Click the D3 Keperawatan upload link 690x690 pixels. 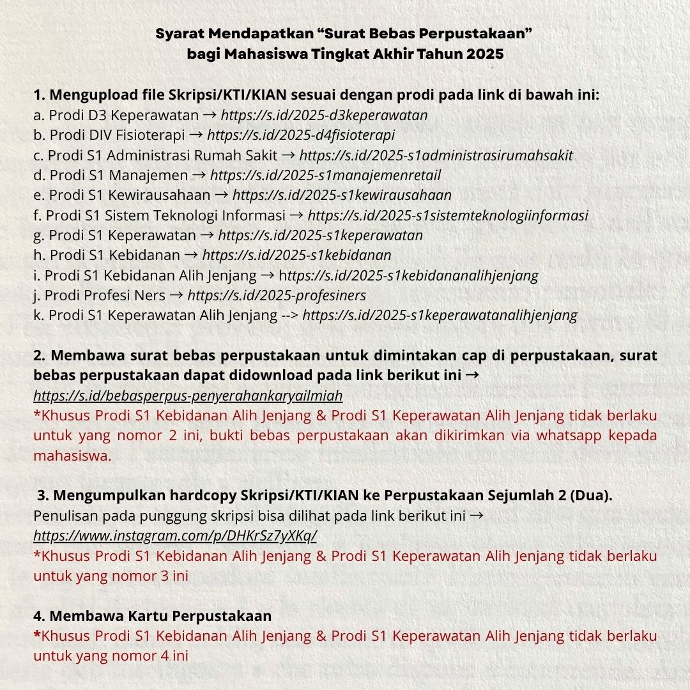tap(324, 116)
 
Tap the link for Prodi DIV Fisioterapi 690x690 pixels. tap(301, 135)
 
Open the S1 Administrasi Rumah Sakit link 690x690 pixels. tap(436, 155)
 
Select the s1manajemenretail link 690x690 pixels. tap(325, 175)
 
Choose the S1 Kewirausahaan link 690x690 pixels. tap(342, 195)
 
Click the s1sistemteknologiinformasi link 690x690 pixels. tap(447, 215)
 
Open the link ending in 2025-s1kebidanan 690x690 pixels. tap(296, 256)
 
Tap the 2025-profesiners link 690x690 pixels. tap(277, 296)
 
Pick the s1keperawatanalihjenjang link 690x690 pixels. tap(440, 316)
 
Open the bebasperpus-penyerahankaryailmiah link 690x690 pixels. tap(188, 396)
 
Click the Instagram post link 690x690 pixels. tap(175, 535)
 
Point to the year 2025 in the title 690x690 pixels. tap(484, 55)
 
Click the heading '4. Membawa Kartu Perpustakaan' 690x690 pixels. tap(153, 616)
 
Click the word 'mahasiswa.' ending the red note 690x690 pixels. tap(72, 456)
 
